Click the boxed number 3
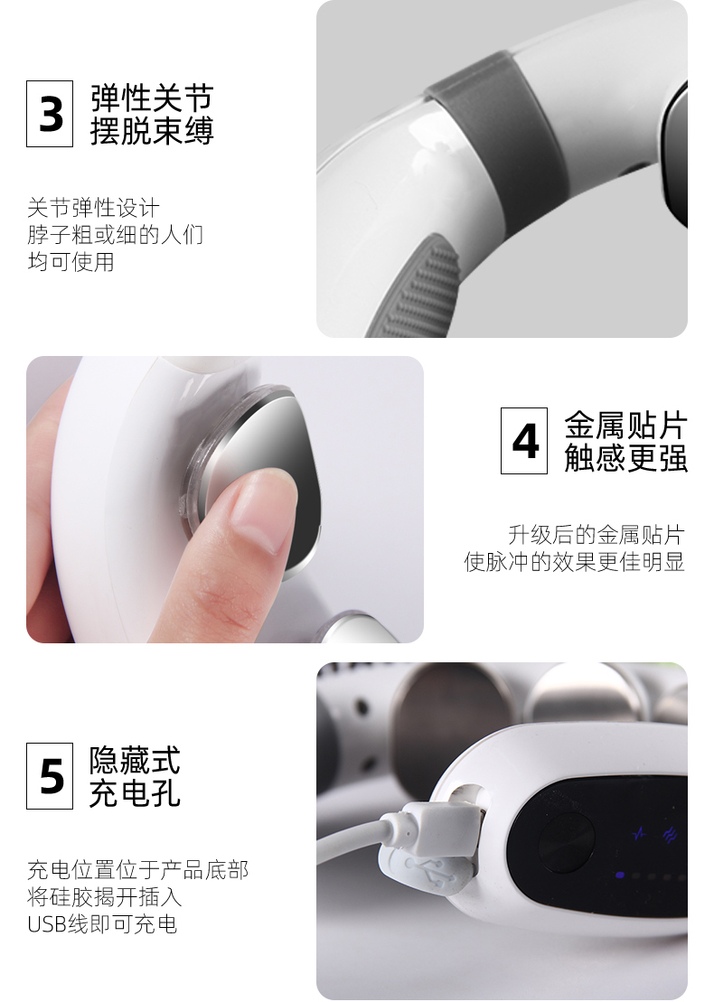coord(50,114)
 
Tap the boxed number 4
coord(524,441)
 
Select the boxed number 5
coord(50,775)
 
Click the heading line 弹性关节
coord(152,98)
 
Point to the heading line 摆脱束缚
coord(152,132)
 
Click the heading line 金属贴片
coord(625,425)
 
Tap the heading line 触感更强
coord(625,458)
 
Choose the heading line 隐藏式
coord(135,759)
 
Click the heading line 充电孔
coord(135,793)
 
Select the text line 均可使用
coord(70,262)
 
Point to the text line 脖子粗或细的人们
coord(115,235)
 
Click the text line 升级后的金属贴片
coord(596,534)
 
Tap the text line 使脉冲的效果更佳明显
coord(574,562)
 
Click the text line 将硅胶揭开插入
coord(104,897)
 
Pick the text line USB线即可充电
coord(101,924)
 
